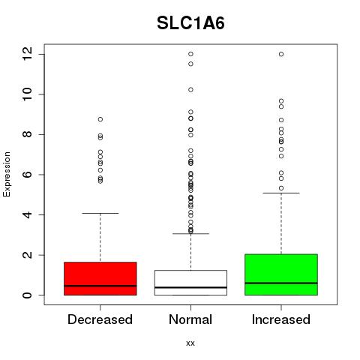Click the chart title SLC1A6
pyautogui.click(x=190, y=23)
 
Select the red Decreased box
pyautogui.click(x=100, y=278)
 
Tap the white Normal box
pyautogui.click(x=190, y=283)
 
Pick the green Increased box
pyautogui.click(x=281, y=274)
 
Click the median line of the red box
pyautogui.click(x=100, y=286)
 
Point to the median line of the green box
pyautogui.click(x=281, y=283)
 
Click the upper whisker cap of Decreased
pyautogui.click(x=100, y=213)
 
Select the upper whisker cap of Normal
pyautogui.click(x=190, y=234)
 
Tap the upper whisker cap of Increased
pyautogui.click(x=281, y=193)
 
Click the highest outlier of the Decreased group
pyautogui.click(x=100, y=119)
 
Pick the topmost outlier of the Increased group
pyautogui.click(x=281, y=54)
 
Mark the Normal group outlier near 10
pyautogui.click(x=190, y=90)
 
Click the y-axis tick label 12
pyautogui.click(x=27, y=54)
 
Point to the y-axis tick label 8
pyautogui.click(x=27, y=134)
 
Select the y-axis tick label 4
pyautogui.click(x=27, y=214)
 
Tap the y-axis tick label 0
pyautogui.click(x=27, y=295)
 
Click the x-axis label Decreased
pyautogui.click(x=100, y=319)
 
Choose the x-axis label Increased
pyautogui.click(x=281, y=319)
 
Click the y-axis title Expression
pyautogui.click(x=7, y=174)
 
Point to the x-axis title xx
pyautogui.click(x=190, y=343)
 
